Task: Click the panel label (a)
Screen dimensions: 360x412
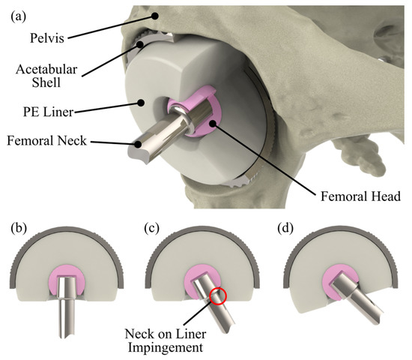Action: (19, 13)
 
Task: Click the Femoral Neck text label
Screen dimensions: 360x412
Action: (46, 139)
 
